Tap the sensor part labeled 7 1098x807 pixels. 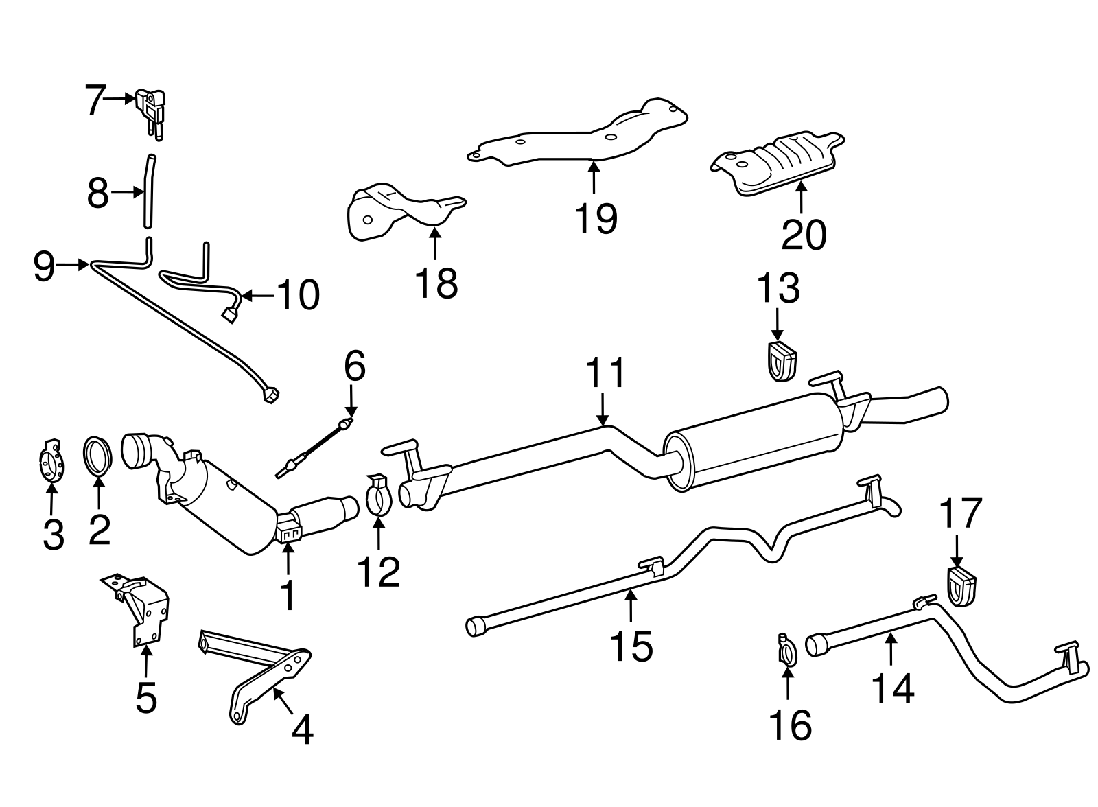151,107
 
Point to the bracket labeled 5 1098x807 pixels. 145,607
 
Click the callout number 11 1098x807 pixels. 606,373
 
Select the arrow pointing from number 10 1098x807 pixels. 257,296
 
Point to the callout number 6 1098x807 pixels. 354,367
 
